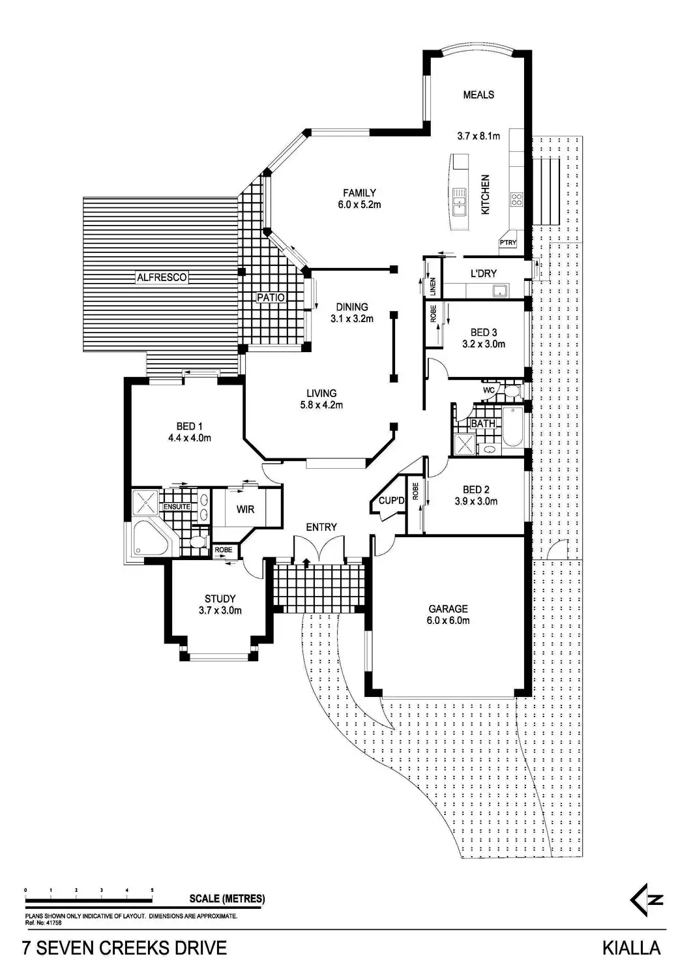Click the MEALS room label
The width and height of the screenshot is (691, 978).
478,95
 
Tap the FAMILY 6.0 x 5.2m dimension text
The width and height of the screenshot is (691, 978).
359,204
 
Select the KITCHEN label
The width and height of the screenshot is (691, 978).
485,195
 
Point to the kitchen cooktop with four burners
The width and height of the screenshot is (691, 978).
516,199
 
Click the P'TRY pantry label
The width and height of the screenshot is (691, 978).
508,243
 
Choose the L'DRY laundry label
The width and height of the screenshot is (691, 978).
483,274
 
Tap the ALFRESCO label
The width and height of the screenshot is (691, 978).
162,277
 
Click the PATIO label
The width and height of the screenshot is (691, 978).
271,298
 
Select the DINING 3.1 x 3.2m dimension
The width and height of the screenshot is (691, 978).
352,319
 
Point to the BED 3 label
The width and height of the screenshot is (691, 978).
484,333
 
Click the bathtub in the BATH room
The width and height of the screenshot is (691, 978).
512,426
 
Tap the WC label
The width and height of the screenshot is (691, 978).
489,390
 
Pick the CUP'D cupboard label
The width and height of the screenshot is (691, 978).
392,501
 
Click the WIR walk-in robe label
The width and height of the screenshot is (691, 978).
245,509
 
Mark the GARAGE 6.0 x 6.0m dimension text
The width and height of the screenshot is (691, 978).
448,621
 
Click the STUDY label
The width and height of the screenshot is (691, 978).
220,599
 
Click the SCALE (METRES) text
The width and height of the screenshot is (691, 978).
227,899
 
